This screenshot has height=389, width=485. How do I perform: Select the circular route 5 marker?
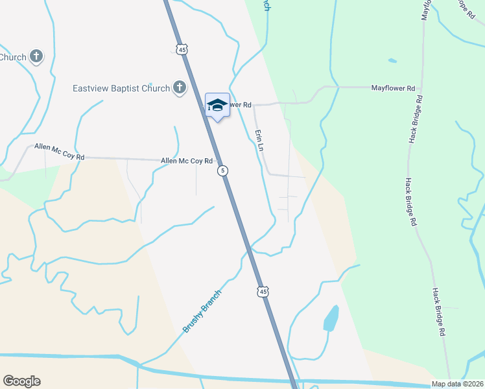[x=222, y=171]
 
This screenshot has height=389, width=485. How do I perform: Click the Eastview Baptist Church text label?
[x=121, y=88]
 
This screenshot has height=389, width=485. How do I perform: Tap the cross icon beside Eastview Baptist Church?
[x=179, y=88]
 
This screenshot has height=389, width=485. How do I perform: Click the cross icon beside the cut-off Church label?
[x=36, y=57]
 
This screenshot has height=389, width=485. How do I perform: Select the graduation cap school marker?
[x=217, y=106]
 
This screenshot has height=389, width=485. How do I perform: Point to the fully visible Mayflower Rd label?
[x=392, y=88]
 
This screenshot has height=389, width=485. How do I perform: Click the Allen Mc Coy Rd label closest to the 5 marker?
[x=187, y=161]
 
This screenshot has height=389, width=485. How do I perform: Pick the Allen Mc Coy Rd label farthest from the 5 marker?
[x=60, y=152]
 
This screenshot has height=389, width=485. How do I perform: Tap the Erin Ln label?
[x=259, y=140]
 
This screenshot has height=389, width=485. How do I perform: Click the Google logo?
[x=21, y=381]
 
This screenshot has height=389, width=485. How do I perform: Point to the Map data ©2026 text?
[x=457, y=384]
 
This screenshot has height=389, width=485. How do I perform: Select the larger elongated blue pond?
[x=331, y=318]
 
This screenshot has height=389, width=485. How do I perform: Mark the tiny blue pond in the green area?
[x=392, y=61]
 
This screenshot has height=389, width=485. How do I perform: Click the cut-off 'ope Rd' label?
[x=465, y=14]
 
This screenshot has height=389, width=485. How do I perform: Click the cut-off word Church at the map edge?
[x=13, y=57]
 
